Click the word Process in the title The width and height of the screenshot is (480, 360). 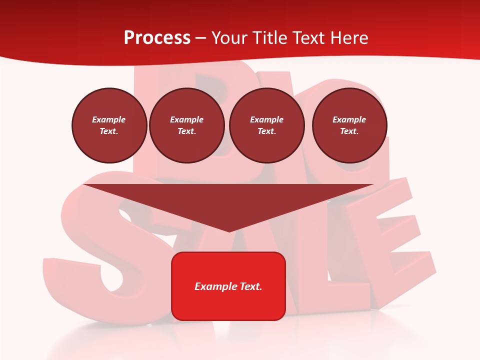point(157,38)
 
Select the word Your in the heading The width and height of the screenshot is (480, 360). point(228,38)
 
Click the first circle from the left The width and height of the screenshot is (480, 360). point(109,125)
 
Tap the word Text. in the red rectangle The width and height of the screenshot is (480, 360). point(251,286)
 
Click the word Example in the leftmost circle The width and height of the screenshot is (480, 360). point(109,119)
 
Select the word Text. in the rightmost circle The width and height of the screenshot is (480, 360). point(349,131)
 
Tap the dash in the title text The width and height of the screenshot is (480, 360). point(201,38)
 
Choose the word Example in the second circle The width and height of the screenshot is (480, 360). point(186,119)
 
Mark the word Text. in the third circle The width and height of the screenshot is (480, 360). point(266,131)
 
